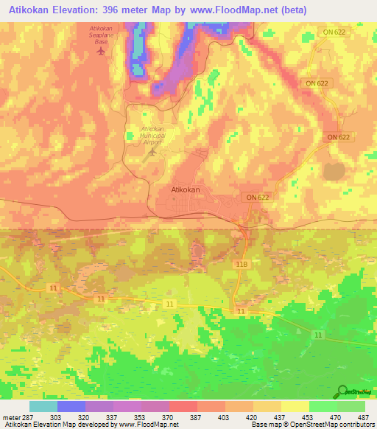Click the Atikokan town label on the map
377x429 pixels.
(186, 189)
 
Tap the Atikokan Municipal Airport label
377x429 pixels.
(152, 134)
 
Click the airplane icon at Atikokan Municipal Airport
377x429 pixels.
(153, 152)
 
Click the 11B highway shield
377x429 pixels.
(241, 263)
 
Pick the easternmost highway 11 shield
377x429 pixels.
(318, 335)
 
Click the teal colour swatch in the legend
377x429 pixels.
(43, 406)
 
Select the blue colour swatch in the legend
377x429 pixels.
(71, 406)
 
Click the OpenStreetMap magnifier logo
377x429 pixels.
(344, 392)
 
